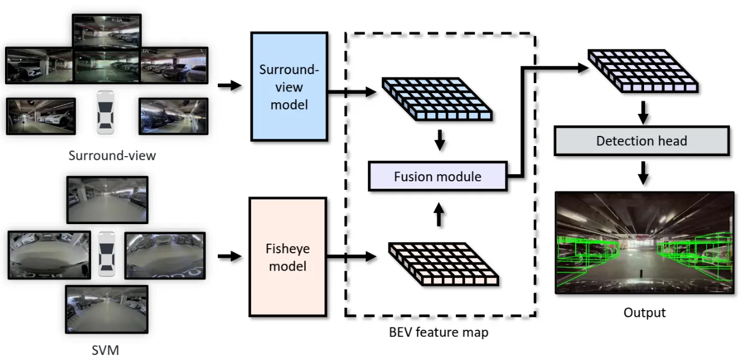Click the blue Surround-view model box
289,86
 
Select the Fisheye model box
287,256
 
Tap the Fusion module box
437,176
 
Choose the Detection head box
641,140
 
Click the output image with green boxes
644,243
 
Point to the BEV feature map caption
439,332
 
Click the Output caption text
644,312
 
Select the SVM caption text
106,350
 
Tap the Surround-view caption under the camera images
112,155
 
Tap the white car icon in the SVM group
106,254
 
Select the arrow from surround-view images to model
229,86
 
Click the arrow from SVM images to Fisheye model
229,256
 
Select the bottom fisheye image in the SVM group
107,309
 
